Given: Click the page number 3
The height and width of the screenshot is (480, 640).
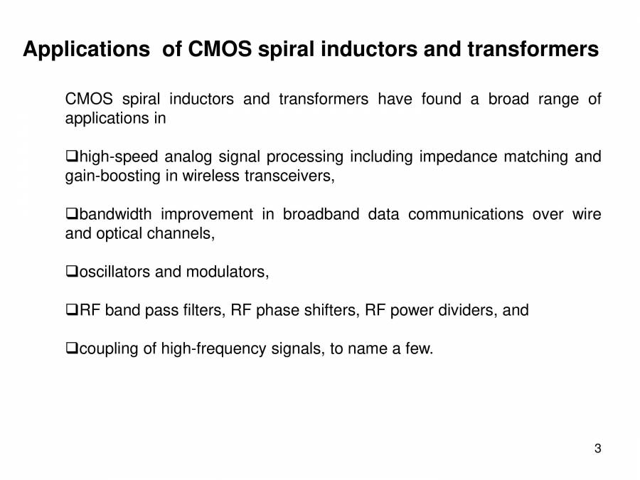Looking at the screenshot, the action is (597, 449).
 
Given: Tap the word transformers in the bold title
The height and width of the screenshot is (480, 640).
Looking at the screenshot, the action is (533, 49).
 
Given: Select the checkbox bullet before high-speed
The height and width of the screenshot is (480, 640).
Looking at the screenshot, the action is (72, 156).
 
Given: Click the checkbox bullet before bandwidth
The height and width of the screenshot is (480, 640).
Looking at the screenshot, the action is (72, 213).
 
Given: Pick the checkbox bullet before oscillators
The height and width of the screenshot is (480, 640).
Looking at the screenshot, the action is (72, 271).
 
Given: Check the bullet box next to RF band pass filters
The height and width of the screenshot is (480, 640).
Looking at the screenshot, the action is (72, 309).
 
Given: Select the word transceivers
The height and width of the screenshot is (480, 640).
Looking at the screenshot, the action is (289, 176).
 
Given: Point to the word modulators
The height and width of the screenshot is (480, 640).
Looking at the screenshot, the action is (228, 272).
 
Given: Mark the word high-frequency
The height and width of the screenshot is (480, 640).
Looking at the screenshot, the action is (213, 349).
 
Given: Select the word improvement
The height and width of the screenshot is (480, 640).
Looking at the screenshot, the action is (207, 215).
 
